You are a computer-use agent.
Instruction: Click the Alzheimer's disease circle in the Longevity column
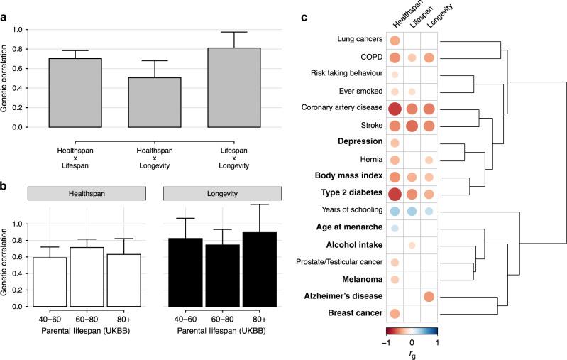click(x=429, y=295)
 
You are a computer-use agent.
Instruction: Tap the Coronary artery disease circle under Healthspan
click(x=395, y=109)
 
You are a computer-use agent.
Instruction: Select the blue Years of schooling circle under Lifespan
click(x=412, y=211)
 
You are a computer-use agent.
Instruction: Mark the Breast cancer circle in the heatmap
click(x=395, y=313)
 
